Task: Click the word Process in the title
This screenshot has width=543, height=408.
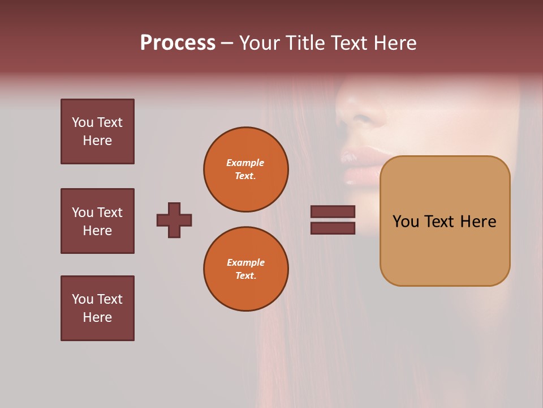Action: tap(178, 43)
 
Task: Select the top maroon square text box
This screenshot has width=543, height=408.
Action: tap(97, 131)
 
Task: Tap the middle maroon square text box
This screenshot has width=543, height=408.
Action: tap(97, 221)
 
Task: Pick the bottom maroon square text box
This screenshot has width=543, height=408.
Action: tap(97, 308)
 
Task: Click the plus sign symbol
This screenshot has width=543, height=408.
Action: tap(174, 220)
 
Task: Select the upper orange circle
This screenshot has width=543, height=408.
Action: tap(245, 169)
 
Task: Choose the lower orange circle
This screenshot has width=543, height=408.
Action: tap(245, 269)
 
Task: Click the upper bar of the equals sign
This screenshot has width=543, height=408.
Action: tap(333, 212)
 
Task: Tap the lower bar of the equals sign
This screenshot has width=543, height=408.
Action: tap(333, 228)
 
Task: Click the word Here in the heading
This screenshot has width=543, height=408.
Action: tap(395, 43)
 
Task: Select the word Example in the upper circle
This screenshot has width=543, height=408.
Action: tap(245, 163)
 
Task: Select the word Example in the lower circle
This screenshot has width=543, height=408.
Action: tap(245, 262)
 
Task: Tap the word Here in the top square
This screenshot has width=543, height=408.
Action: tap(97, 141)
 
